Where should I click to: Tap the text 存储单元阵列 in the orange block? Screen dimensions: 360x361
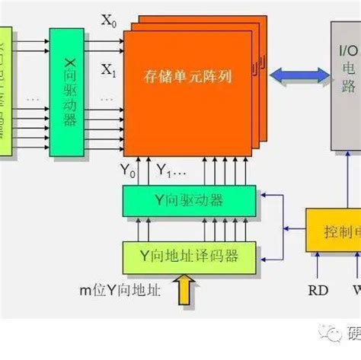tap(187, 77)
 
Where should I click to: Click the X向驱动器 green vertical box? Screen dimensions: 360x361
tap(66, 92)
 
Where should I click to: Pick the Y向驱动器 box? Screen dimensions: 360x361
tap(189, 200)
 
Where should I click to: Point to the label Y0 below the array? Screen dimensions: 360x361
tap(127, 169)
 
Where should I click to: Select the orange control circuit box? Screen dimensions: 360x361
tap(334, 228)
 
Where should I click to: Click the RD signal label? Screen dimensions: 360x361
tap(318, 291)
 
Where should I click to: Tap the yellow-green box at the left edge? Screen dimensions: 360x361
tap(6, 92)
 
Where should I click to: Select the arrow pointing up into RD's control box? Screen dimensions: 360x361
tap(318, 264)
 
